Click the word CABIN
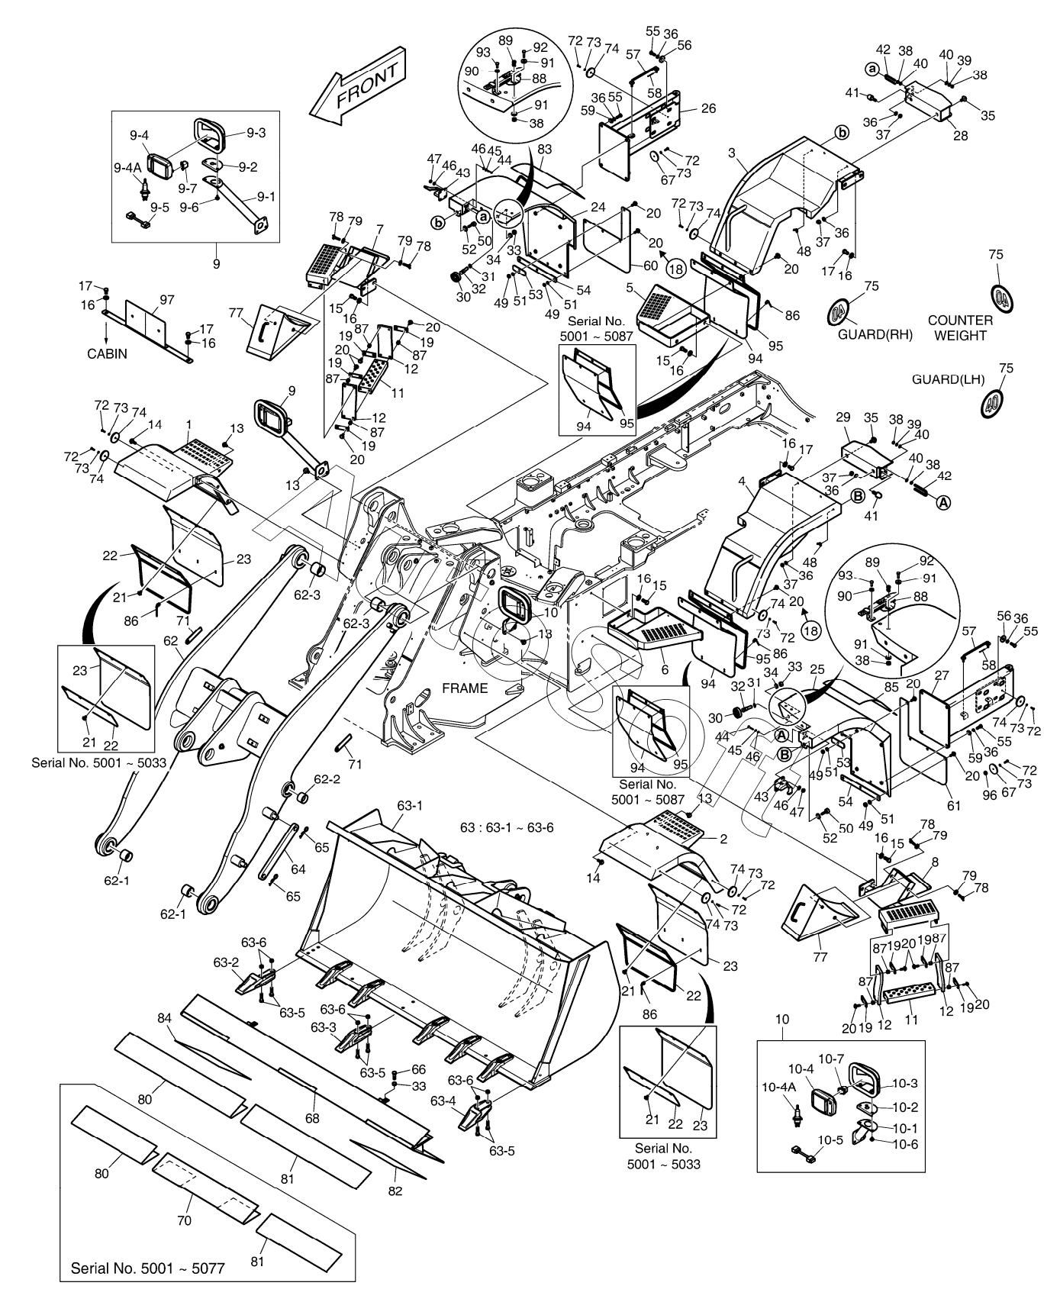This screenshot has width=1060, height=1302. point(108,353)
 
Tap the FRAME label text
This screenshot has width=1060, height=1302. point(465,688)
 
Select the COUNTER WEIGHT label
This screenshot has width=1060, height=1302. point(960,327)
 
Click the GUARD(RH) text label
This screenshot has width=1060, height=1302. point(875,335)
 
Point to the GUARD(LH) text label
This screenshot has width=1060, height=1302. point(949,379)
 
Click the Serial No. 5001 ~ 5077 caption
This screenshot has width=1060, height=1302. point(147,1269)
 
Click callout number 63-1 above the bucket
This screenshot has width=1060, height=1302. point(410,805)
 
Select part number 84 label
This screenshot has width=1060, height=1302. point(165,1018)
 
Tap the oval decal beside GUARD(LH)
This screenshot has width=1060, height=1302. point(993,401)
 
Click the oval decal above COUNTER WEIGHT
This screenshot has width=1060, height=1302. point(1002,295)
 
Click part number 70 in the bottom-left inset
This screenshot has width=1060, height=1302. point(184,1220)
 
